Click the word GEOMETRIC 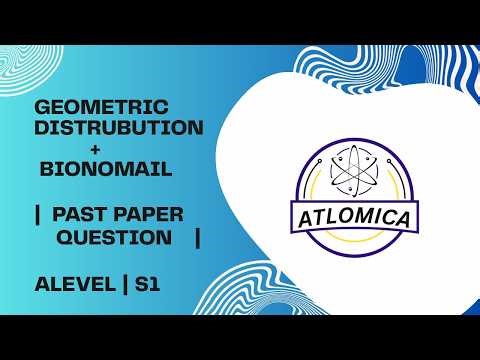(101, 107)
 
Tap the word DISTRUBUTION (119, 128)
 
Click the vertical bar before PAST (37, 212)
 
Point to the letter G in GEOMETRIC (41, 107)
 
